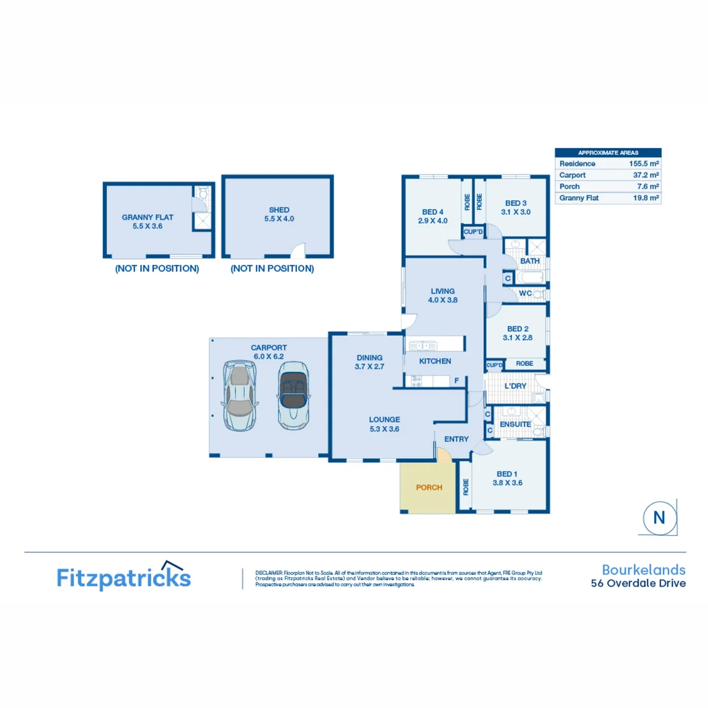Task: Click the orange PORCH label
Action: (429, 488)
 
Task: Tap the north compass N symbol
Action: (659, 517)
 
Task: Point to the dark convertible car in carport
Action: (292, 395)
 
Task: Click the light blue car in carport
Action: (240, 397)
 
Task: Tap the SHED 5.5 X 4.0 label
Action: (279, 214)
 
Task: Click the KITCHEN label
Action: (435, 361)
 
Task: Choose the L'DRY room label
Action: (516, 386)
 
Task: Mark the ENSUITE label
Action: (515, 425)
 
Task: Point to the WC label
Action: (524, 293)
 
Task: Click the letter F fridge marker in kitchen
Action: (456, 380)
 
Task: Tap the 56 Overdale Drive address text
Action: (639, 583)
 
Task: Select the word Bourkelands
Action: (644, 569)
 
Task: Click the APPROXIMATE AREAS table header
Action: (608, 152)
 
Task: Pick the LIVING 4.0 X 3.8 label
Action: (443, 295)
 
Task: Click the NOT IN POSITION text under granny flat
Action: (157, 269)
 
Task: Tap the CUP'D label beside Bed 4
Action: (473, 231)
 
